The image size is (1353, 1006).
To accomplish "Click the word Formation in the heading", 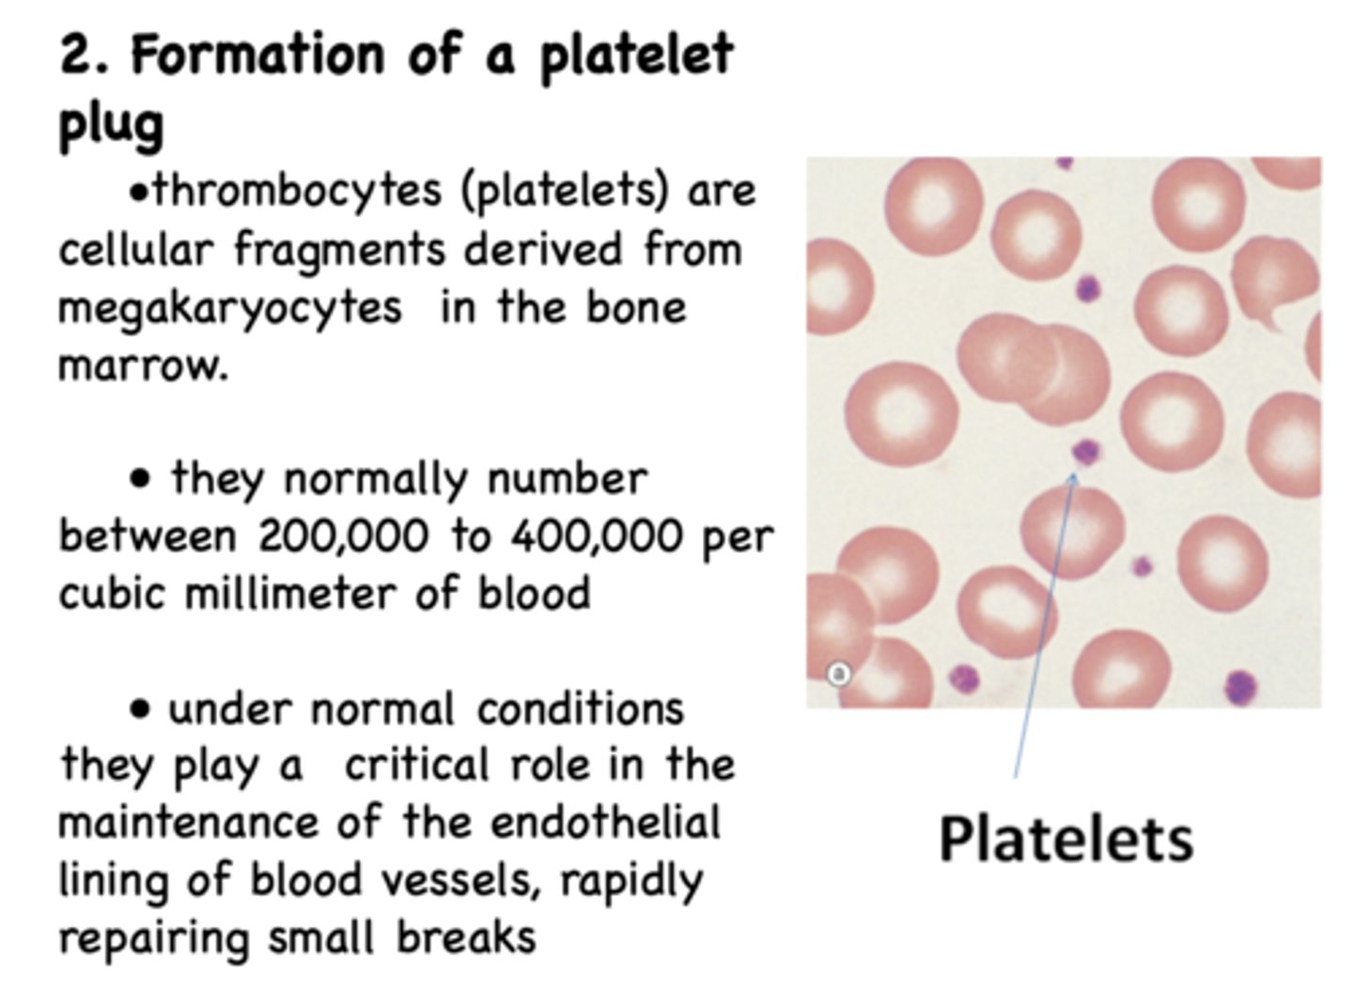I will (257, 54).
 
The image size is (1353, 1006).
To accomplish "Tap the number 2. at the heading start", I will (86, 54).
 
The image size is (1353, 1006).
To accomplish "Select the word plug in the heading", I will (111, 123).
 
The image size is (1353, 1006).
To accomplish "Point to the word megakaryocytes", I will (230, 308).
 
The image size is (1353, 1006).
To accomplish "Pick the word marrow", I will (143, 364).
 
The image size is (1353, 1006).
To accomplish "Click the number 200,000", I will (342, 536).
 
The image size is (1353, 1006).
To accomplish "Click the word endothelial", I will (605, 823).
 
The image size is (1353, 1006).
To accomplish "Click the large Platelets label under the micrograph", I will (1065, 839).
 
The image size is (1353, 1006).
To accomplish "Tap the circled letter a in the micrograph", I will (838, 673).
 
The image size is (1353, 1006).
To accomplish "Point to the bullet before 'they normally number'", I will (140, 480).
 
